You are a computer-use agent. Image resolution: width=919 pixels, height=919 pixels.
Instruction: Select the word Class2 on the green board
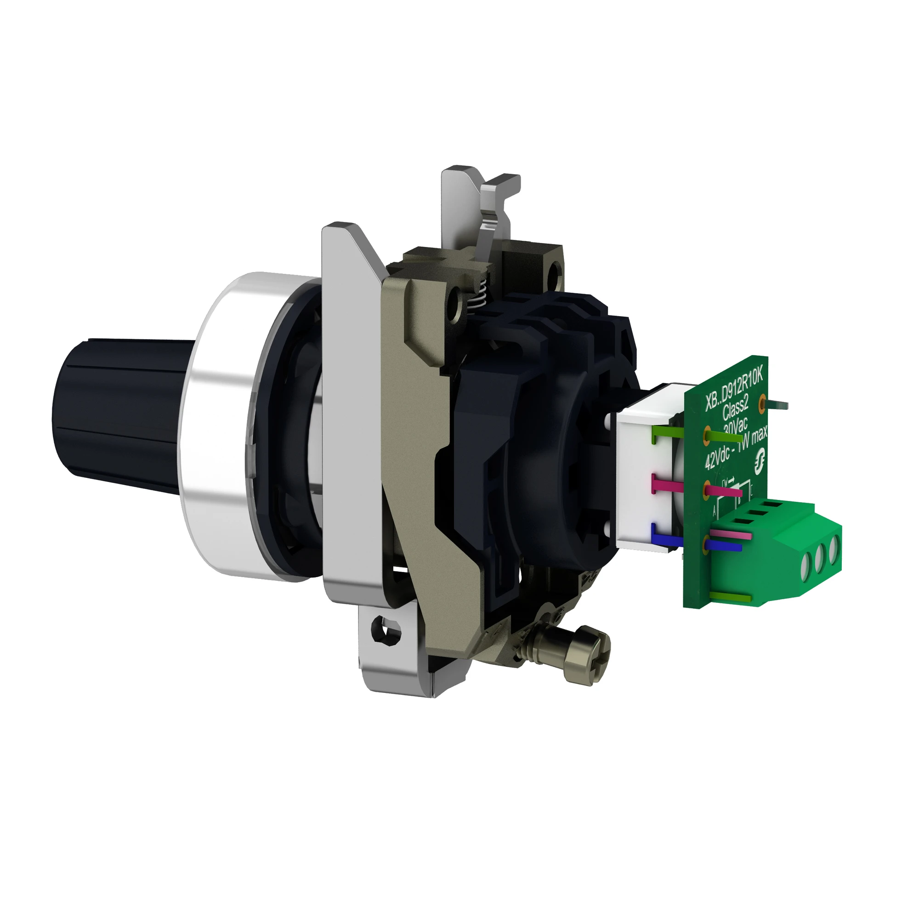point(736,408)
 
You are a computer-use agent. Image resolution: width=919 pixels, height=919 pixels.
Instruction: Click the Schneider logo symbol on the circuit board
point(761,461)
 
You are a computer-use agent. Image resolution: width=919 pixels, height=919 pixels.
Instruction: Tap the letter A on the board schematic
point(715,513)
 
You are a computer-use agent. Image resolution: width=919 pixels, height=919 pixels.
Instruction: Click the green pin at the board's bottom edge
point(730,597)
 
